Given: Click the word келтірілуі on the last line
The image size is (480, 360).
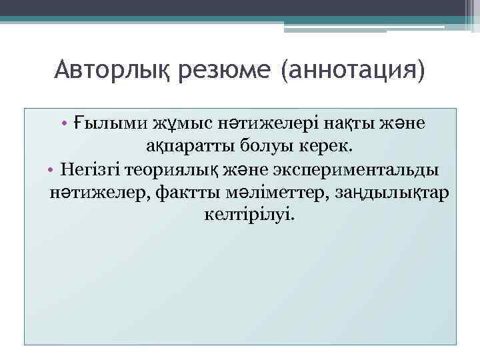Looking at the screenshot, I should click(x=246, y=215).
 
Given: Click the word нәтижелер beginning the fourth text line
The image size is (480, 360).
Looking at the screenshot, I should click(x=95, y=193).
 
